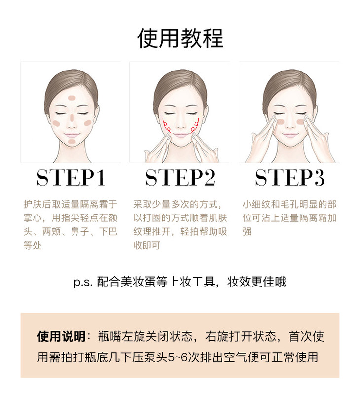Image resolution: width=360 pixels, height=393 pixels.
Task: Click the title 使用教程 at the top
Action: [180, 38]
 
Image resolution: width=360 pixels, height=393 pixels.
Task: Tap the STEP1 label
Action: [71, 178]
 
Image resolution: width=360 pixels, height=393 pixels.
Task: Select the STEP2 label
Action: [180, 178]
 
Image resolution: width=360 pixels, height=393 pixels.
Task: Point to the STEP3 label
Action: [289, 178]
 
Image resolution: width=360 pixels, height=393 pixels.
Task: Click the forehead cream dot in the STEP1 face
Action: [72, 98]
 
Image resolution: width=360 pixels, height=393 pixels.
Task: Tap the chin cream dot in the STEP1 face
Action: [72, 142]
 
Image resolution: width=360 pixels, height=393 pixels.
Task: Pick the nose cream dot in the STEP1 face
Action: [72, 117]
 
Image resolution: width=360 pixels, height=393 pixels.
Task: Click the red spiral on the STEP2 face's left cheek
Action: [166, 126]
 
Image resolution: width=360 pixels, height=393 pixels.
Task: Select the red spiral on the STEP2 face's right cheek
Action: [195, 126]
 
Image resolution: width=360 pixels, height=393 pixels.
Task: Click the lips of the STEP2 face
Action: [180, 135]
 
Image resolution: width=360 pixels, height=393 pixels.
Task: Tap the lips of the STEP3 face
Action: [289, 135]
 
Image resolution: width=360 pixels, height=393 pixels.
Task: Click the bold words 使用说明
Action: [61, 337]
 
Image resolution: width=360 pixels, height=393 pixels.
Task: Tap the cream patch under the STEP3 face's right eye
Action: [300, 122]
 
